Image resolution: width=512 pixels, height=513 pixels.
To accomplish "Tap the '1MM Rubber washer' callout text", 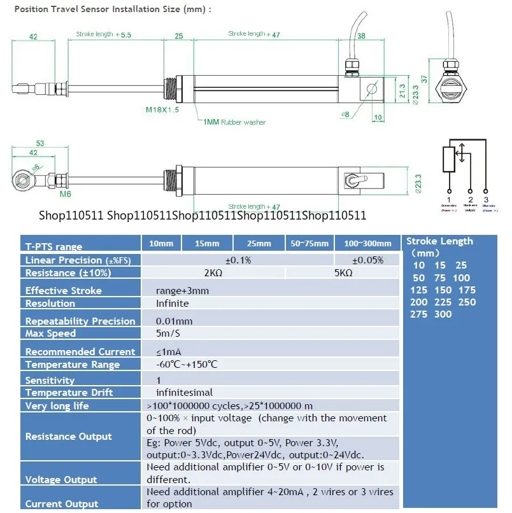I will [x=234, y=122].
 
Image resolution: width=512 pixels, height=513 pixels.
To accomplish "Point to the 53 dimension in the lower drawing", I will [x=40, y=144].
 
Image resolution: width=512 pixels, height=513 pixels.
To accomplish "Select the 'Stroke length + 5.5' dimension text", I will [x=103, y=34].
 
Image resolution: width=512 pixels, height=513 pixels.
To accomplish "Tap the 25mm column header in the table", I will [x=260, y=244].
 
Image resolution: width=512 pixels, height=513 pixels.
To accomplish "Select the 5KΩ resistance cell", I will [x=344, y=272].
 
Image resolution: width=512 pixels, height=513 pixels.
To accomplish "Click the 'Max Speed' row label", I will [x=51, y=334].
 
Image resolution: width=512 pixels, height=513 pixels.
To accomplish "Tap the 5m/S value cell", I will [x=169, y=334].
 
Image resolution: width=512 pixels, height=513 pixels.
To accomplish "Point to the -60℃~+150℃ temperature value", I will [x=187, y=364].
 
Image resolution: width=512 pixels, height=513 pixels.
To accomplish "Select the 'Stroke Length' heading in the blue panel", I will [x=439, y=241].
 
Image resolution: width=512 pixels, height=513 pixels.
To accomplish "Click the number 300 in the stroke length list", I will [x=442, y=314].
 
